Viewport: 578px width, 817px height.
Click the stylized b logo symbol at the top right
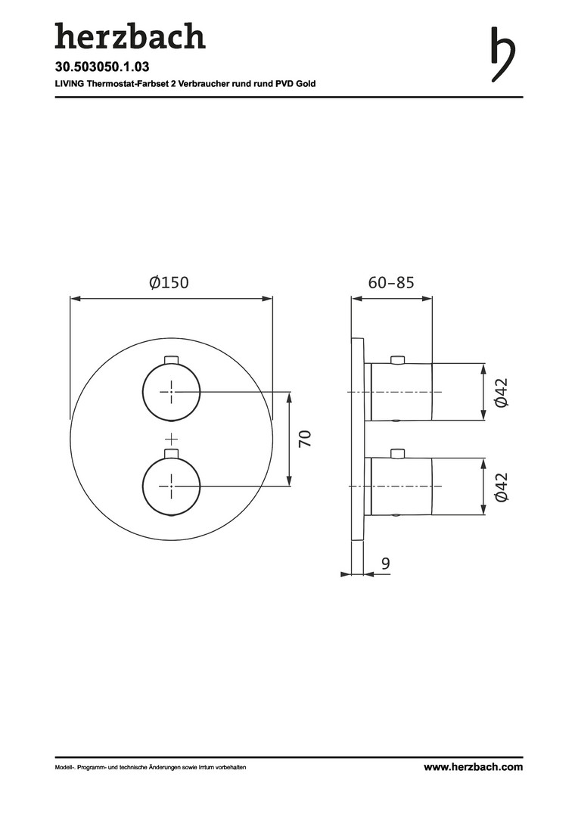(x=502, y=54)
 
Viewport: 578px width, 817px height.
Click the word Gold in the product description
(x=306, y=83)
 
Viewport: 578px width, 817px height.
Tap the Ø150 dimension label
(x=169, y=282)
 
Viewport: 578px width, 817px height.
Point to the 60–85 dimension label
(x=391, y=282)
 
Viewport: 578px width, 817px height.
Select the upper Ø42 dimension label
(x=501, y=392)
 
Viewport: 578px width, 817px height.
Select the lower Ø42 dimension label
(x=501, y=486)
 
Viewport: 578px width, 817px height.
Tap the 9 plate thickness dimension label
(x=386, y=563)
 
